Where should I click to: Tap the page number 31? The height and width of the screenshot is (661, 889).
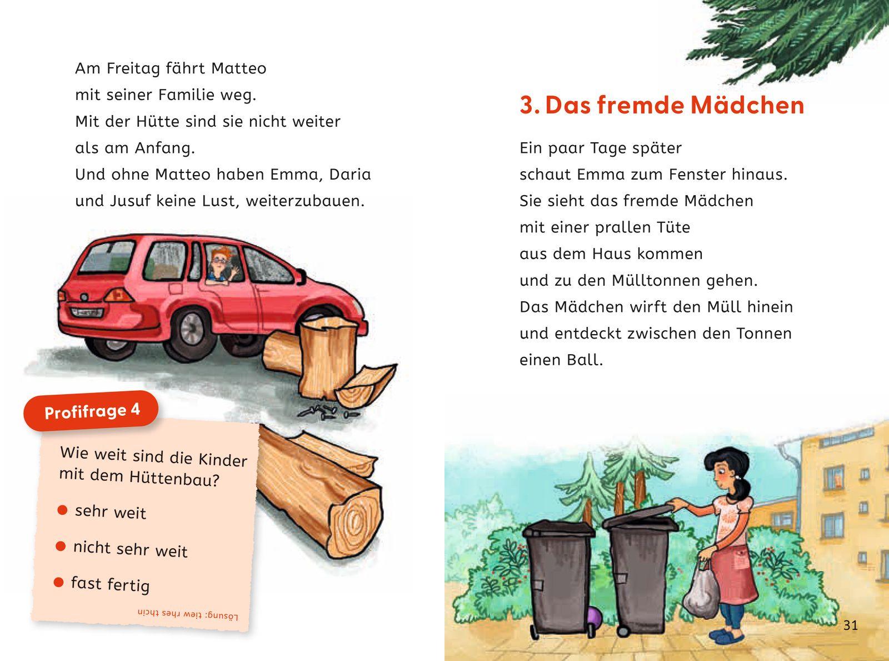point(850,625)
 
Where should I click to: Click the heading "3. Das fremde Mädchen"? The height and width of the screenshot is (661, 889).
point(662,105)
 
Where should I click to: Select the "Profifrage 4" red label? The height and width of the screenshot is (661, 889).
point(92,411)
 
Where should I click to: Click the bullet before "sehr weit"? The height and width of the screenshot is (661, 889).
point(62,509)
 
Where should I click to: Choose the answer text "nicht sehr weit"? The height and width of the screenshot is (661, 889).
point(130,549)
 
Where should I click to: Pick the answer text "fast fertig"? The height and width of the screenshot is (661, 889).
point(110,584)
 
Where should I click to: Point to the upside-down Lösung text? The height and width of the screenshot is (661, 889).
point(187,614)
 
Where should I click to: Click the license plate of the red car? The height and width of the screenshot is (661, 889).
point(87,312)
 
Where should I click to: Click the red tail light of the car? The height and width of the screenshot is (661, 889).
point(118,294)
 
